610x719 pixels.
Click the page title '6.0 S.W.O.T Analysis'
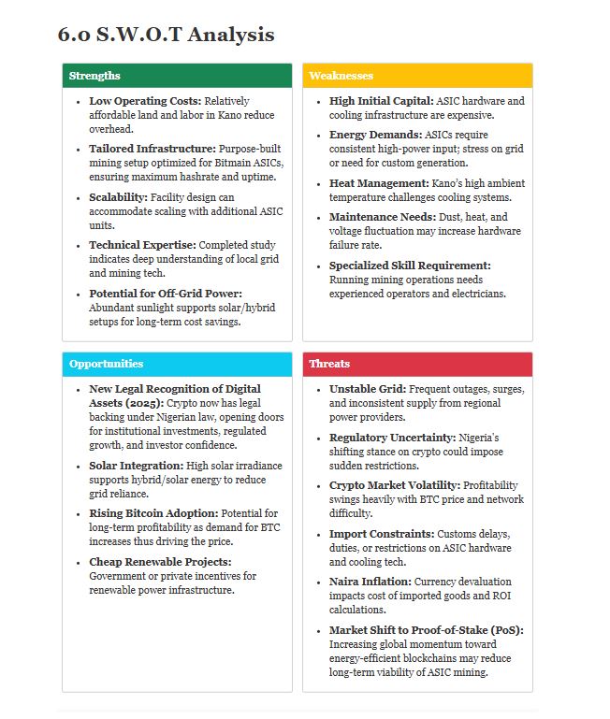tap(166, 35)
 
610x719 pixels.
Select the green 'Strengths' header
tap(94, 76)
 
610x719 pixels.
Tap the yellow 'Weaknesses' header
tap(341, 76)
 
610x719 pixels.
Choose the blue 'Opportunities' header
tap(106, 364)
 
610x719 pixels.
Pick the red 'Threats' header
tap(329, 364)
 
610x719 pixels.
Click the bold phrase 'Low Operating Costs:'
tap(145, 101)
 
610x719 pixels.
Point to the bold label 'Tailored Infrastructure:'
tap(152, 149)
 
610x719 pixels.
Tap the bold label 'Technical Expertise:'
tap(142, 245)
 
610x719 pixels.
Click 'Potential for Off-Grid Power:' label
tap(166, 294)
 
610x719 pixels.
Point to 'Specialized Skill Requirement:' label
tap(410, 266)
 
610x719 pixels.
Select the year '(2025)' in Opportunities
tap(109, 403)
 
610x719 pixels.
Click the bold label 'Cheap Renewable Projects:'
tap(160, 562)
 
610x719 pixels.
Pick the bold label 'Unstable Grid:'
tap(368, 389)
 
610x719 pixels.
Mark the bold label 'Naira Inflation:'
tap(370, 582)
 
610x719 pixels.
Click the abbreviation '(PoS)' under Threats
tap(503, 630)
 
